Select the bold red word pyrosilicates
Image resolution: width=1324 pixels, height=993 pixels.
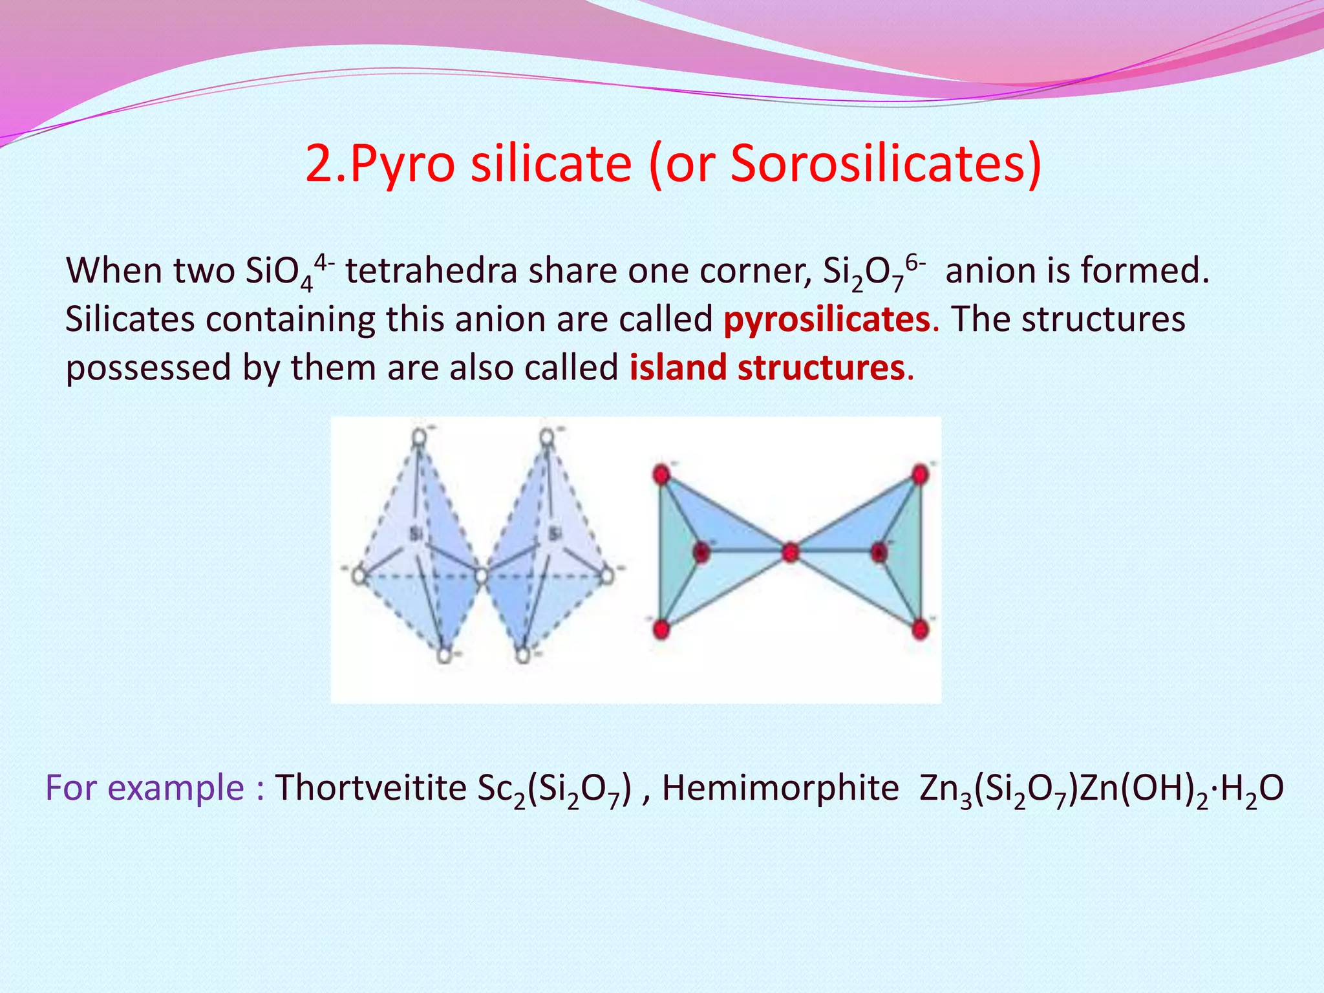click(827, 319)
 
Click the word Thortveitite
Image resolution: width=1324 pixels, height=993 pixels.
click(370, 787)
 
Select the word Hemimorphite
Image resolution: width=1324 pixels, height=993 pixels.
click(780, 787)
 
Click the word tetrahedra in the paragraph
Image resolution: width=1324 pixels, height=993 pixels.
click(431, 270)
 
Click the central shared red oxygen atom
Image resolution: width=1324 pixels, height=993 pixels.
click(790, 552)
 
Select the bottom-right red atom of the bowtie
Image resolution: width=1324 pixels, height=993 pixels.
click(921, 628)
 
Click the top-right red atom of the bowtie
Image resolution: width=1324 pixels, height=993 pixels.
click(920, 475)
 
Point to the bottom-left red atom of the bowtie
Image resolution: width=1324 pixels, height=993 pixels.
click(661, 628)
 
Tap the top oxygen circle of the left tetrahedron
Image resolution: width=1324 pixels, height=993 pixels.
click(420, 437)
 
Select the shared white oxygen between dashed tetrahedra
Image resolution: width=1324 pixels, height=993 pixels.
click(482, 574)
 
